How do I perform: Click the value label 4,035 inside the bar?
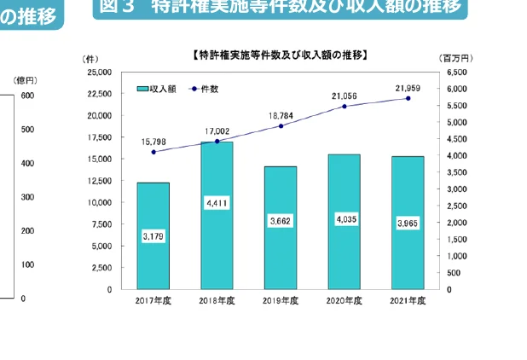[x=344, y=220]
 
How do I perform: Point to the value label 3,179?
[x=153, y=235]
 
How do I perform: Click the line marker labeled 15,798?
[x=153, y=152]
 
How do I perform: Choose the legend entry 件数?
[x=208, y=89]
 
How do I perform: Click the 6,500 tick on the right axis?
[x=458, y=73]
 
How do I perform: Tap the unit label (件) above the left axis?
[x=91, y=58]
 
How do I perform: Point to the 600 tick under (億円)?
[x=28, y=96]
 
